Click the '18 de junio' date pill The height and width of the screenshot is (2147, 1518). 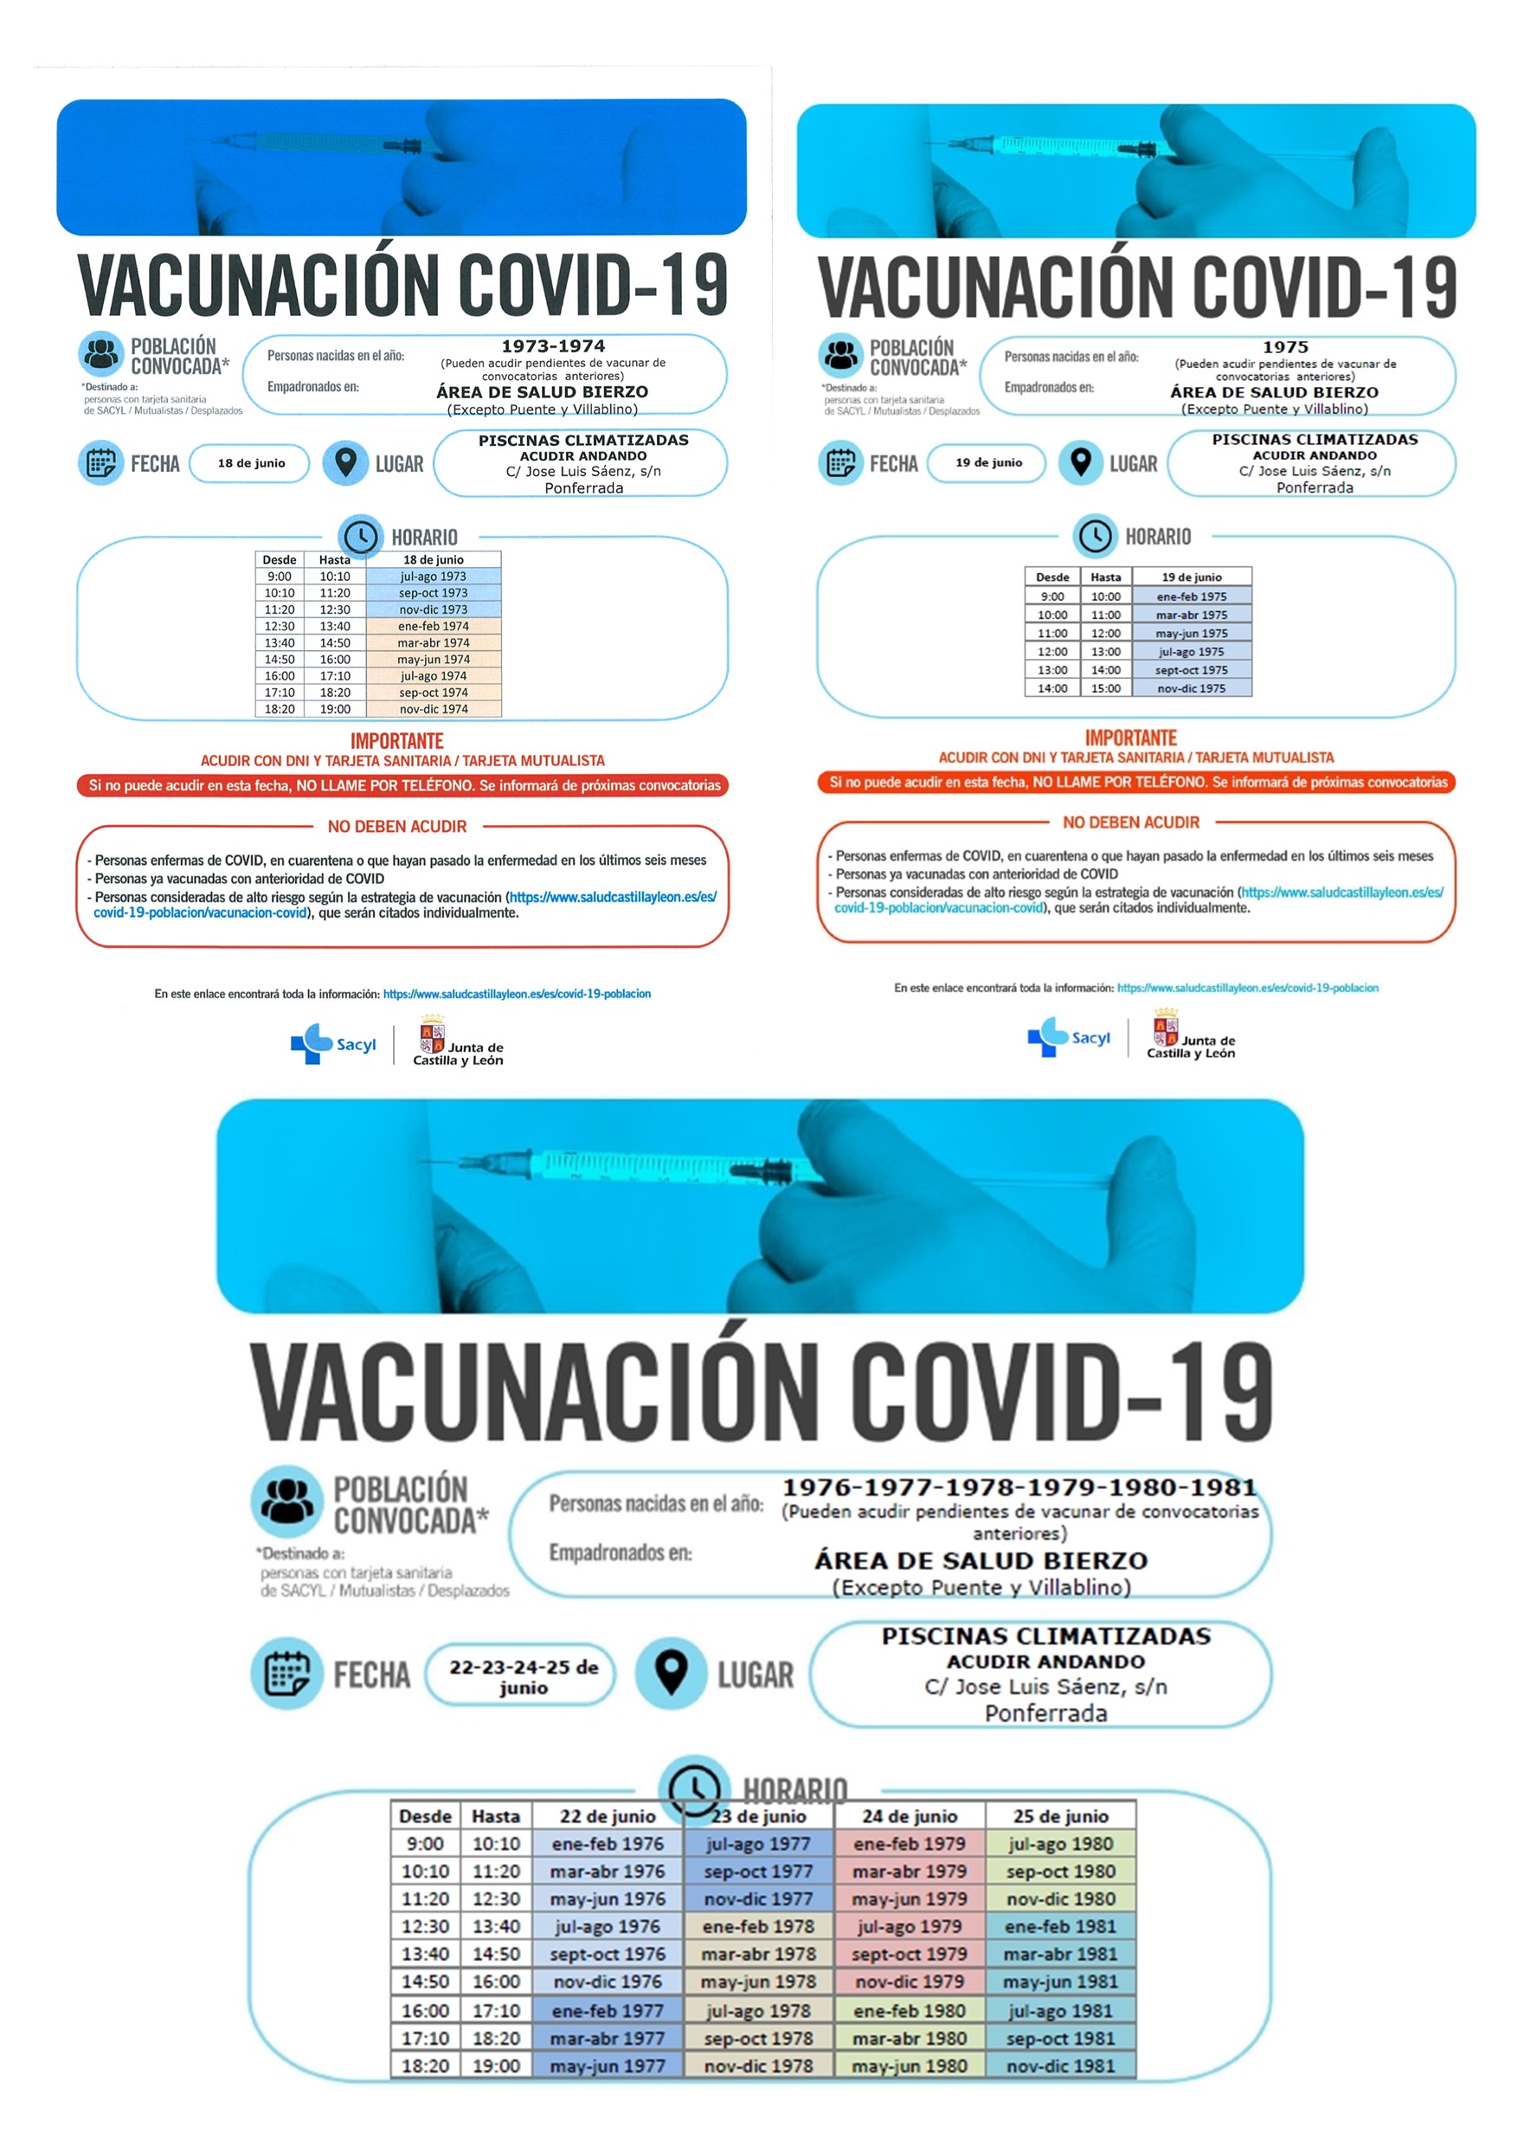249,464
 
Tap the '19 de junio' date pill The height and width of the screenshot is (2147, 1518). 987,463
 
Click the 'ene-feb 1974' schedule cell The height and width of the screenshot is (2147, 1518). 433,627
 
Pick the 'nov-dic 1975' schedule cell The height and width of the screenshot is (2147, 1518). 1191,688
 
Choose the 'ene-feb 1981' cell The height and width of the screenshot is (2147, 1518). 1060,1926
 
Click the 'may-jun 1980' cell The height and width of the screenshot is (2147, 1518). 910,2066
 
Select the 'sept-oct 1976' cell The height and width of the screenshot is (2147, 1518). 608,1954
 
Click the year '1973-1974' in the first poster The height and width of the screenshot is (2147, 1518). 553,346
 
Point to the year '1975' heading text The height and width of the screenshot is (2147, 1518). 1285,347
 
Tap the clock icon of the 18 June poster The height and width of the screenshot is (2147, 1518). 361,537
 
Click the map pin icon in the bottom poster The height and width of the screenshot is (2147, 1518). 670,1673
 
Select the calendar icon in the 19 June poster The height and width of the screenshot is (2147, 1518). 839,463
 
